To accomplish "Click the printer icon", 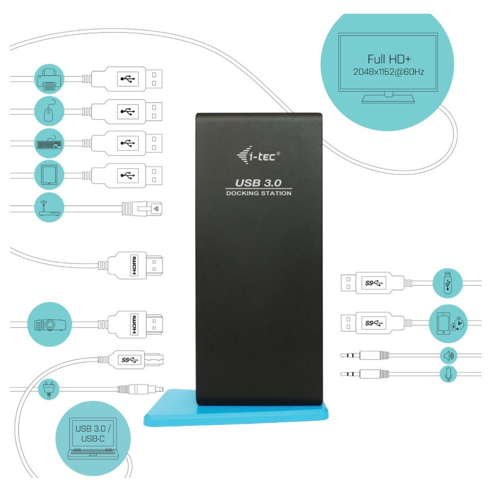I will [x=50, y=79].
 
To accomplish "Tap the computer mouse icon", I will [x=50, y=111].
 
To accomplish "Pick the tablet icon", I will [x=50, y=174].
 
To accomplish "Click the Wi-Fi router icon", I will [x=50, y=208].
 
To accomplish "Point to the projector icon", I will [x=50, y=324].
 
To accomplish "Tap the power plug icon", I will [x=50, y=389].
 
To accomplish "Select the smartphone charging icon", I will [x=448, y=323].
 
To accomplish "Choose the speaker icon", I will [x=448, y=355].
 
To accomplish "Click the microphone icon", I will [x=448, y=374].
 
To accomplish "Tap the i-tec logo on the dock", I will [x=258, y=157].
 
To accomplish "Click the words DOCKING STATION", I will [x=258, y=193].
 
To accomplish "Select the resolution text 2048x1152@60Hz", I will [x=388, y=72].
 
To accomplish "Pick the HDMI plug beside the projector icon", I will [x=136, y=324].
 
